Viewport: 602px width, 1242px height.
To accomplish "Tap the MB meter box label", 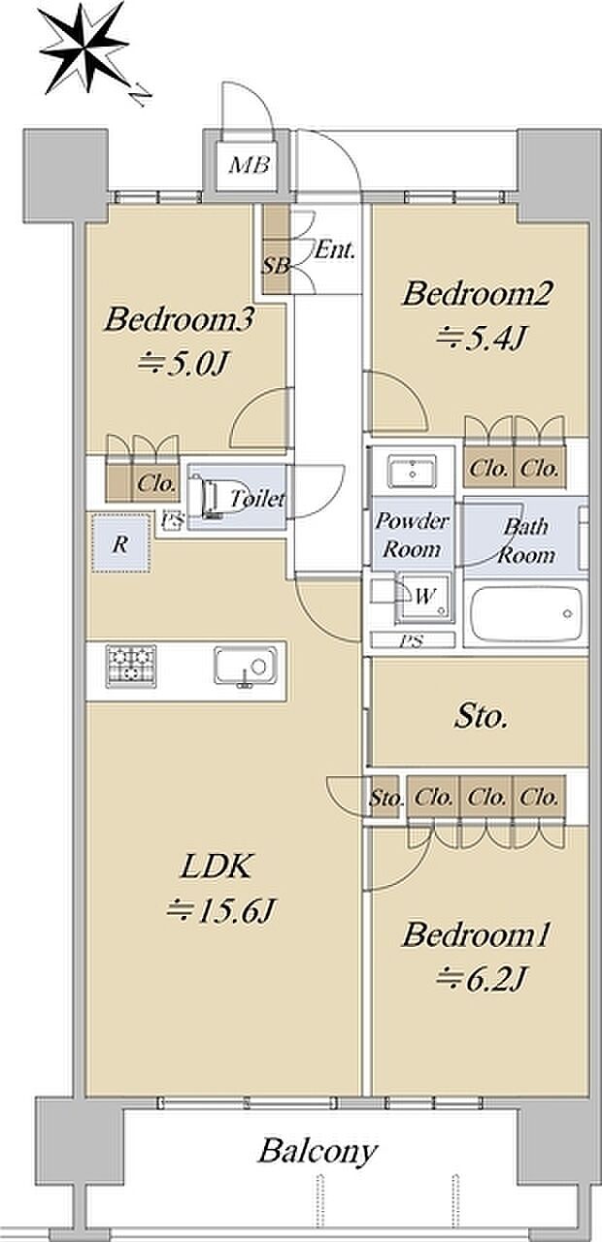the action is point(250,165).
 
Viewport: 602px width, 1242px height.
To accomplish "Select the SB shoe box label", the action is point(276,267).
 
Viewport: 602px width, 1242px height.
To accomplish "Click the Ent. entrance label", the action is point(334,250).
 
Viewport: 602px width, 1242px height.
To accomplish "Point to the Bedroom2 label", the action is point(477,293).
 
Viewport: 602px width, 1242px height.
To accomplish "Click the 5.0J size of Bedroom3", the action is point(184,363).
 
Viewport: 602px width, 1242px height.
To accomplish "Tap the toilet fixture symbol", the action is point(212,496).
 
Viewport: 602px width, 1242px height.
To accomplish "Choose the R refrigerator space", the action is point(120,543).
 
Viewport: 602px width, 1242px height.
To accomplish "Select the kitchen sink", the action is point(246,666).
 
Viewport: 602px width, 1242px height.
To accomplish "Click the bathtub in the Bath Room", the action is point(526,614).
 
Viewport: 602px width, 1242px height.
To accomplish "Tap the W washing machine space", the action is point(424,598).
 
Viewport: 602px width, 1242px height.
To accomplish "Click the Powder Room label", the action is point(412,535).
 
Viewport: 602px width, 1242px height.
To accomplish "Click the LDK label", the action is point(217,866).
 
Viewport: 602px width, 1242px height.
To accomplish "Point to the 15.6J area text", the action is point(220,910).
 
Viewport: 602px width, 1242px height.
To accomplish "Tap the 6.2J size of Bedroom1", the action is point(481,977).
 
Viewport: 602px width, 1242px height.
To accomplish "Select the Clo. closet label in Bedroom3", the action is point(157,483).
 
